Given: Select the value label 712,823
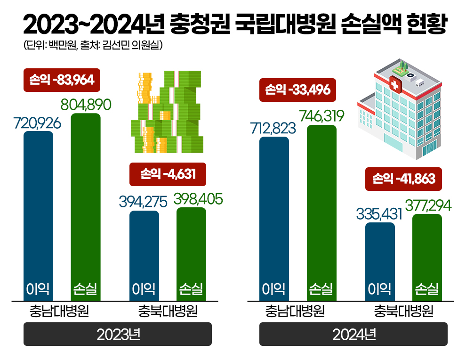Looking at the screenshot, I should pos(273,128).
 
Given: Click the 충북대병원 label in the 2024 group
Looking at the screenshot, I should pos(403,311).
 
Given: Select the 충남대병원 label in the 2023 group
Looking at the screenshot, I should pos(59,311).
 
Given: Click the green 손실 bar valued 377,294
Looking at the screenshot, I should pos(427,257).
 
